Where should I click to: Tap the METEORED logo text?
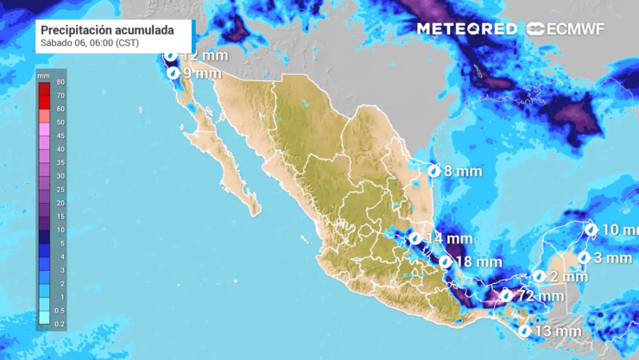pyautogui.click(x=467, y=29)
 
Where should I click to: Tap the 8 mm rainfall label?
pyautogui.click(x=462, y=171)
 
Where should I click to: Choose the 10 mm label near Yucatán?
pyautogui.click(x=620, y=230)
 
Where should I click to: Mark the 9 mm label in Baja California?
pyautogui.click(x=203, y=74)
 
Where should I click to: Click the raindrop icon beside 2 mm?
pyautogui.click(x=539, y=276)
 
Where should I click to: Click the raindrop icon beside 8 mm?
pyautogui.click(x=434, y=171)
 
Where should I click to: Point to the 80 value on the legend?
pyautogui.click(x=61, y=83)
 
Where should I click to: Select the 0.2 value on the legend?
pyautogui.click(x=60, y=325)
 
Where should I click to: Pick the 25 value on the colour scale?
pyautogui.click(x=61, y=190)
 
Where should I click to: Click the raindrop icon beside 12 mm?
pyautogui.click(x=171, y=55)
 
